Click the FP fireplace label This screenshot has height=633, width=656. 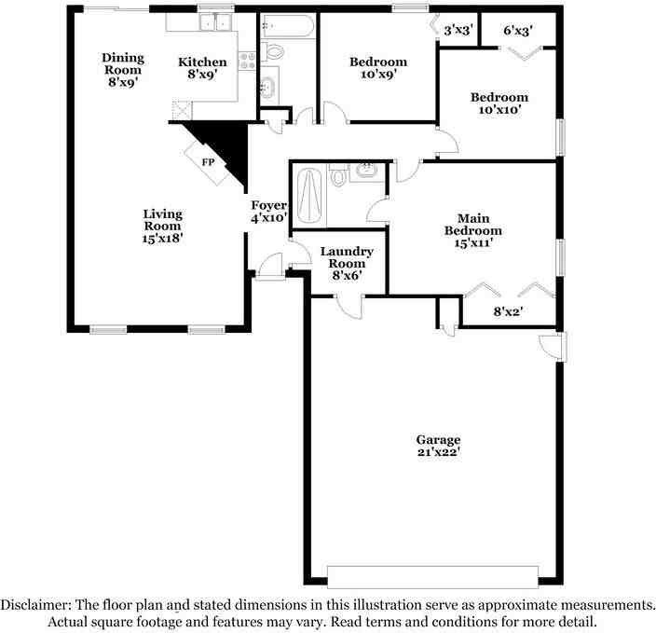pyautogui.click(x=208, y=162)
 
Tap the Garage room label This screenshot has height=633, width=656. pyautogui.click(x=438, y=440)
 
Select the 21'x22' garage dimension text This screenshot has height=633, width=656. pyautogui.click(x=439, y=452)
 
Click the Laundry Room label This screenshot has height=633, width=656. pyautogui.click(x=347, y=257)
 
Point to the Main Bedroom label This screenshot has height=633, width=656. pyautogui.click(x=472, y=225)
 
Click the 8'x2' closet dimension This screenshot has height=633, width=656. pyautogui.click(x=509, y=311)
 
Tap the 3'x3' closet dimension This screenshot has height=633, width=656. pyautogui.click(x=458, y=30)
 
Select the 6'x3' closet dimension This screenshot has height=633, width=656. pyautogui.click(x=517, y=30)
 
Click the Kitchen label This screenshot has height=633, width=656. pyautogui.click(x=202, y=62)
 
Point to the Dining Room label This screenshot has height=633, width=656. pyautogui.click(x=123, y=63)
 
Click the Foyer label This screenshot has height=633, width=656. pyautogui.click(x=268, y=205)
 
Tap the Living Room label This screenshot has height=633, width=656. pyautogui.click(x=163, y=220)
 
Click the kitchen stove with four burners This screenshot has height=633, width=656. pyautogui.click(x=247, y=62)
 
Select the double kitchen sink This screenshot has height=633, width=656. pyautogui.click(x=216, y=21)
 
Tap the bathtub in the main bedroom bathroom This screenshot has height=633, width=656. pyautogui.click(x=309, y=197)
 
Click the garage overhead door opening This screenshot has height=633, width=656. pyautogui.click(x=432, y=577)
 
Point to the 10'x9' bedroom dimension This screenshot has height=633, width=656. pyautogui.click(x=378, y=74)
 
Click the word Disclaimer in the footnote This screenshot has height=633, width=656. pyautogui.click(x=35, y=605)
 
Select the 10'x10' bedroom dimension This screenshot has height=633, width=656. pyautogui.click(x=499, y=110)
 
